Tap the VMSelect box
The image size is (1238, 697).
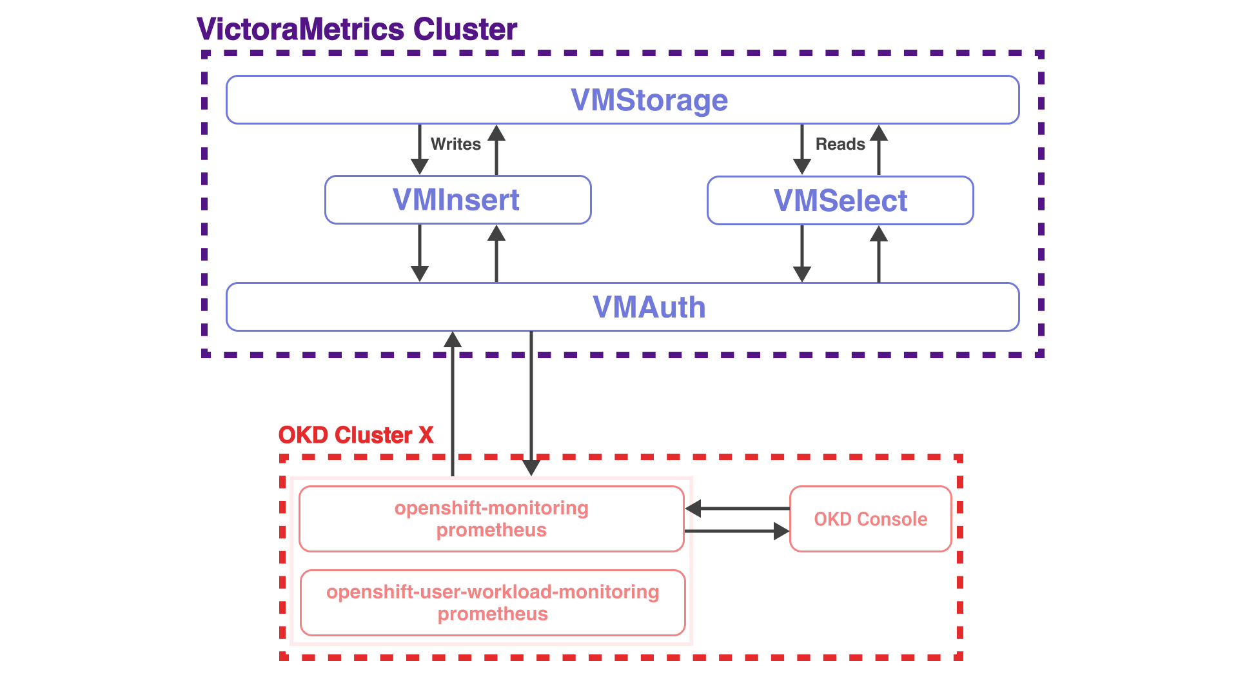[840, 201]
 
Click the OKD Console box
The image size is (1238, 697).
[870, 519]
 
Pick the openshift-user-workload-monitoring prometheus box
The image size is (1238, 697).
[493, 603]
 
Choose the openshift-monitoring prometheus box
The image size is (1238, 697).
[491, 519]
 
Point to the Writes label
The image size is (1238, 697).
[456, 144]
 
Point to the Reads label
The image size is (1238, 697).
[840, 144]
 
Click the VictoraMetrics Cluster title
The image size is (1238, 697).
[357, 29]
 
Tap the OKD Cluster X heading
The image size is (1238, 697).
[356, 435]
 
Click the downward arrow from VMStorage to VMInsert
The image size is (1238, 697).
[420, 149]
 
